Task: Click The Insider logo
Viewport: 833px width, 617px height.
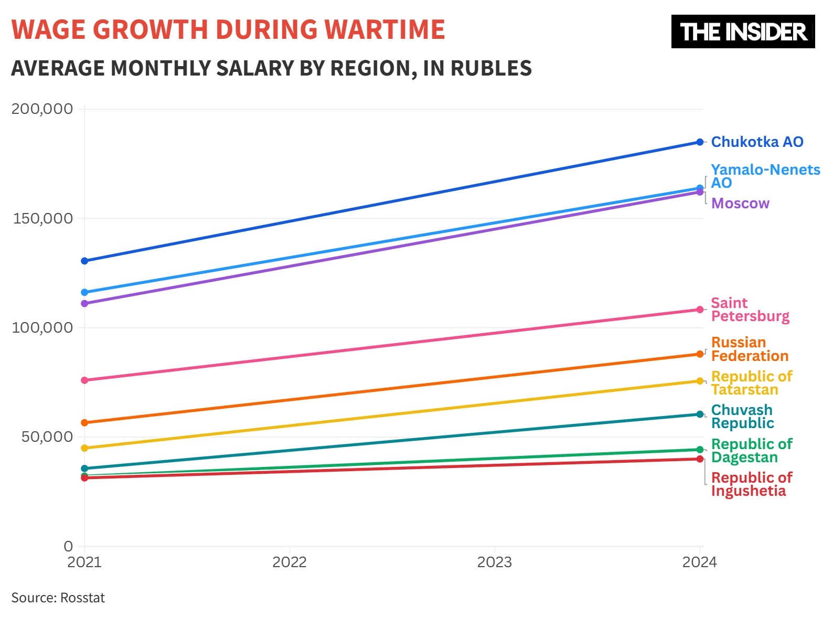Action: pos(743,31)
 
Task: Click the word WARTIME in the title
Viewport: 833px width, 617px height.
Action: pos(385,29)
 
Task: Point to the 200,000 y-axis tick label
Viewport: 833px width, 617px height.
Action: pos(42,109)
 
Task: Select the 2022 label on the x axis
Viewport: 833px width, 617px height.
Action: pos(289,562)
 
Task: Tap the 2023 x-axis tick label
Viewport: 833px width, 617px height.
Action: pos(494,562)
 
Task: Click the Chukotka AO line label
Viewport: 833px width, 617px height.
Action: pos(757,142)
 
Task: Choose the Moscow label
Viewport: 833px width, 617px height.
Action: pos(740,203)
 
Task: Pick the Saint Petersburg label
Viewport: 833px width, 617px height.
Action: pos(750,310)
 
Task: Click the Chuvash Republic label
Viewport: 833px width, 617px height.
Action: pos(742,417)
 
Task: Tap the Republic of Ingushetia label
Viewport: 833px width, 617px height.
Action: pos(751,484)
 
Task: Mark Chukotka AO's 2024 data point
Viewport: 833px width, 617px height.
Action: pos(700,142)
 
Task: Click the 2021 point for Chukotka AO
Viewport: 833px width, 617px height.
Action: pos(84,261)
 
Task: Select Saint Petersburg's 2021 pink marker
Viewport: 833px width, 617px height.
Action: pos(84,380)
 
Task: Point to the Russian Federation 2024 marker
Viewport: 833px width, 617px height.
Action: pos(700,354)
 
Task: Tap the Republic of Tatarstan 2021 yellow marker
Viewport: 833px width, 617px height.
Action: pos(84,448)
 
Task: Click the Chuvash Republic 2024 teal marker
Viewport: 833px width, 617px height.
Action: pos(700,414)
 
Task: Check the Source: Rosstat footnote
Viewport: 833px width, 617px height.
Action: pos(58,598)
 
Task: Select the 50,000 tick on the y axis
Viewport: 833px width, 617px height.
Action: pos(47,437)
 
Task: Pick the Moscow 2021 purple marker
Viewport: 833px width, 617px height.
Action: pos(84,303)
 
